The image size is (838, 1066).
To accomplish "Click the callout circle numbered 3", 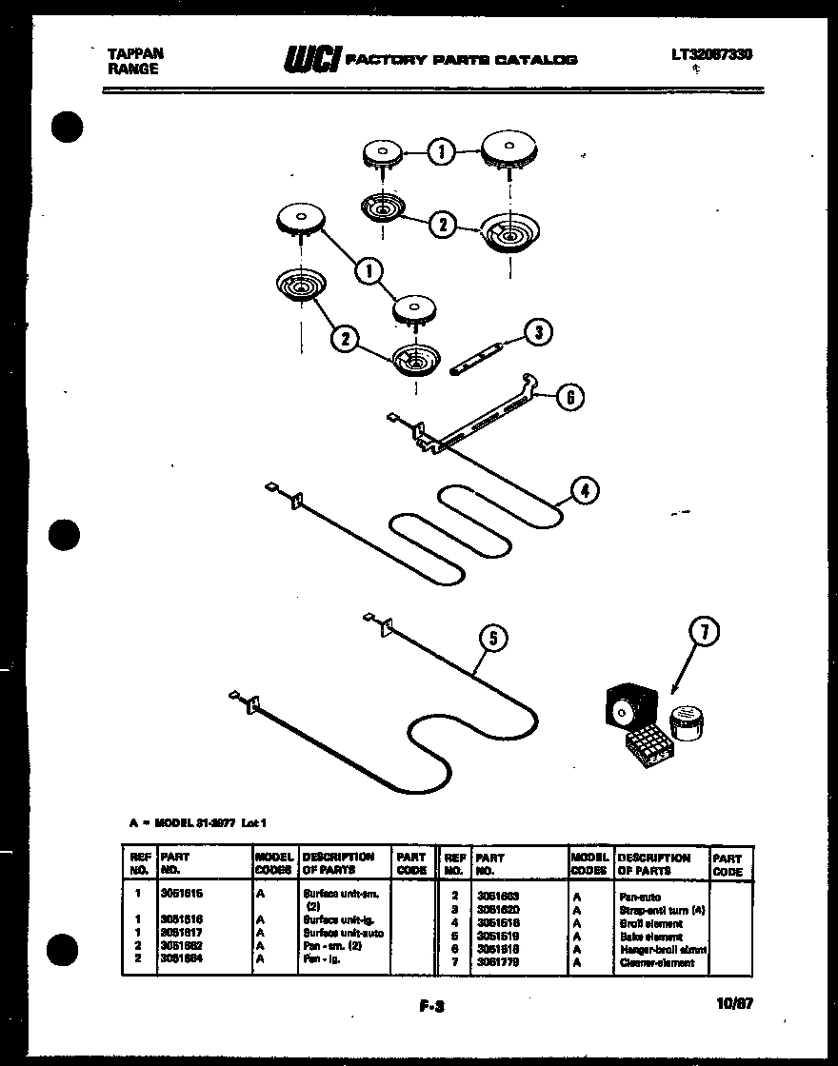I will [x=538, y=332].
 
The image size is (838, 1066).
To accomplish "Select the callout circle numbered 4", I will [x=584, y=491].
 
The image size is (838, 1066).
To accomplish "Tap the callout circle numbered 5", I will [x=492, y=638].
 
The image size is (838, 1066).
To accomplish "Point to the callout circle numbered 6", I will [x=569, y=398].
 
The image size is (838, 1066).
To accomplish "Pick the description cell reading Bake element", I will [x=649, y=937].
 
